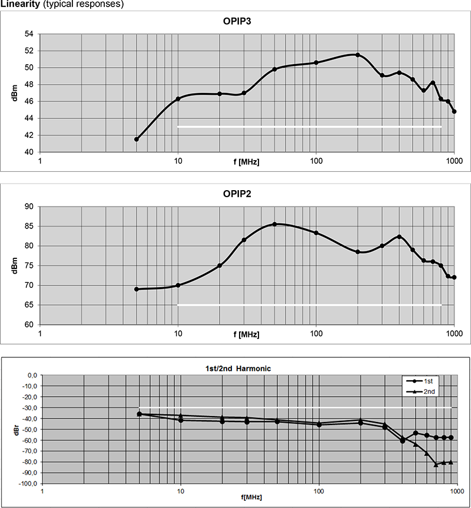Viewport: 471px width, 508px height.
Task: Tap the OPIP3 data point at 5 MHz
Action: tap(137, 140)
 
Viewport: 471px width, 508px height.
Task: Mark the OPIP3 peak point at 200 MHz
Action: tap(357, 55)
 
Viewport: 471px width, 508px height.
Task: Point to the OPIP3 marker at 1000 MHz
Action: tap(454, 111)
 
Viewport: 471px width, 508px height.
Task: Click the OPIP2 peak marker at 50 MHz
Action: tap(274, 224)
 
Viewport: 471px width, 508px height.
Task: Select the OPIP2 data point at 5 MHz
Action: tap(137, 289)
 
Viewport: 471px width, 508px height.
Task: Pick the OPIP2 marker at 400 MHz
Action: tap(399, 237)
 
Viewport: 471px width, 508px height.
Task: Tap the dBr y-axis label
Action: tap(11, 430)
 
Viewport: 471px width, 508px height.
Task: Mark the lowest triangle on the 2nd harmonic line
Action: tap(436, 465)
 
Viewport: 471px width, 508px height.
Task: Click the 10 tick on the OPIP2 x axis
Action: tap(178, 334)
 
